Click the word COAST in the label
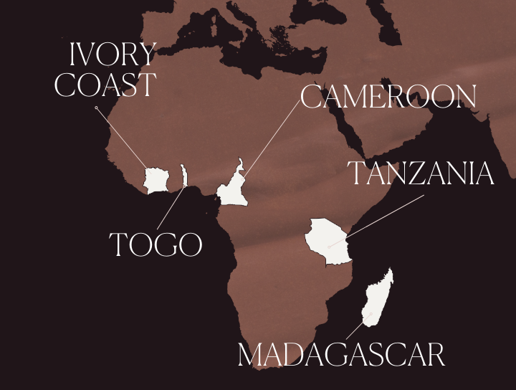click(105, 84)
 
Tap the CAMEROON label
click(388, 97)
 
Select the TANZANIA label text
click(421, 173)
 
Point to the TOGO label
click(156, 245)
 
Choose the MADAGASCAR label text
click(341, 356)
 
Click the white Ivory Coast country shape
click(156, 180)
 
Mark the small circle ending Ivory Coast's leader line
click(96, 108)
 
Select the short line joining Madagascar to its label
click(355, 330)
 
